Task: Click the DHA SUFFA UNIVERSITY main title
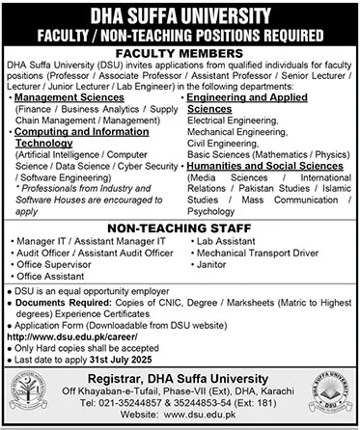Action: point(180,13)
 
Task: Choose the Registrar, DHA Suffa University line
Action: point(180,379)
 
